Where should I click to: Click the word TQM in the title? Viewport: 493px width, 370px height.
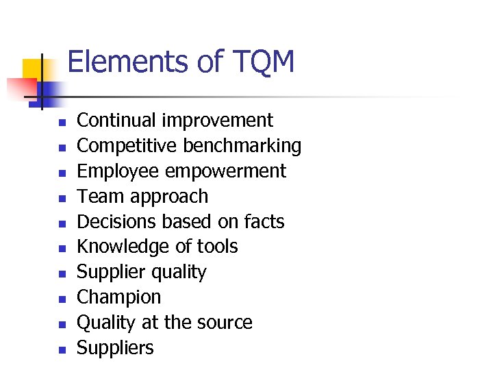(x=263, y=62)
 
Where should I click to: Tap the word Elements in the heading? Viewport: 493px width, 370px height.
(x=129, y=62)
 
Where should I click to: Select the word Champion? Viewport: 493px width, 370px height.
(x=119, y=297)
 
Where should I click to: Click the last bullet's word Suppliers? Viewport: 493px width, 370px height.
(x=115, y=348)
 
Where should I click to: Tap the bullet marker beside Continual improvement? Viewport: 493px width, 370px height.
(x=61, y=123)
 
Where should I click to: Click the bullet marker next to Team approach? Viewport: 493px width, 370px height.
(x=61, y=199)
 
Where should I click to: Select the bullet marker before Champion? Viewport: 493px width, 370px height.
(x=61, y=299)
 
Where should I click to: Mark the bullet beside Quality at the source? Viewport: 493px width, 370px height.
(x=61, y=325)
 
